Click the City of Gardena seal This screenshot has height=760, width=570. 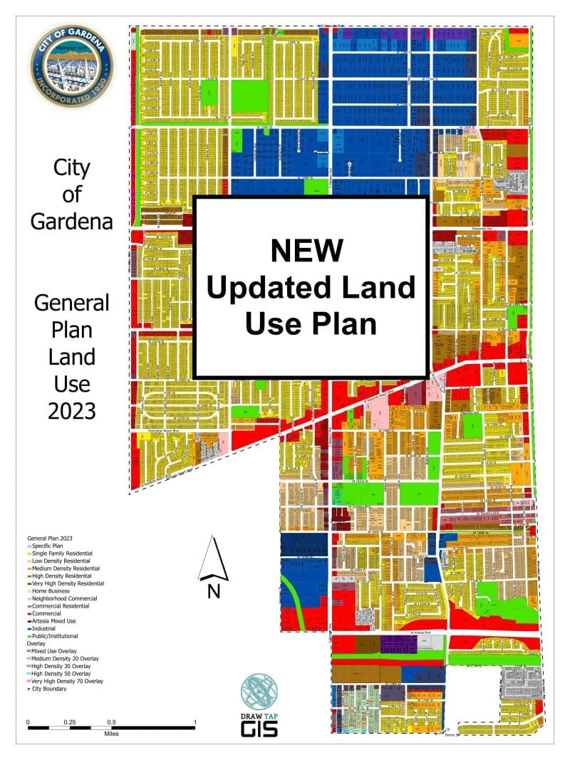[71, 66]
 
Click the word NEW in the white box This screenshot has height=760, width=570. [307, 251]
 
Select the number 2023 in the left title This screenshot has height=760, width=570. [71, 411]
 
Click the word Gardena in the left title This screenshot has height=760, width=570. [71, 221]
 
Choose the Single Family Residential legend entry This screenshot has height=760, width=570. [62, 553]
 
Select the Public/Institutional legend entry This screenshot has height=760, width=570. [55, 636]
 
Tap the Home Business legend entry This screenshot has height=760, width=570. [51, 591]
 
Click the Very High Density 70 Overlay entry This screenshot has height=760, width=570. [68, 681]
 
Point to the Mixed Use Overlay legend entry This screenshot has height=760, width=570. [56, 651]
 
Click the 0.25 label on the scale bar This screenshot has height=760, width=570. [69, 722]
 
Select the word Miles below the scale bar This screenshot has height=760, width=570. [110, 733]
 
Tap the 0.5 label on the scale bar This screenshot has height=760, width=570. [111, 722]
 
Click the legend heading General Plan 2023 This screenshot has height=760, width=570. [51, 538]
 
